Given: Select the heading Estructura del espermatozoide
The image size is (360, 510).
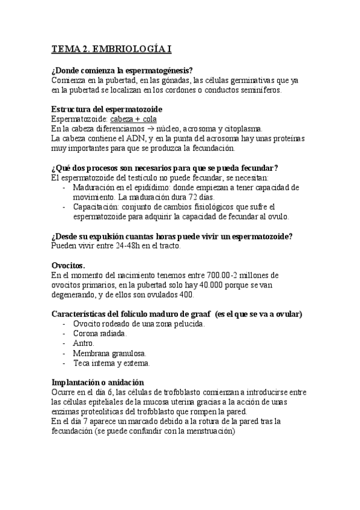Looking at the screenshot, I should pos(106,109).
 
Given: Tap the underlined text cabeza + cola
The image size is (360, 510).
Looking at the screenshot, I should pos(129,119).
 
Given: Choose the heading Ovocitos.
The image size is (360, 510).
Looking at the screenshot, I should pos(69,265).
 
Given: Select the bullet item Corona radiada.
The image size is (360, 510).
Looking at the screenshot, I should pos(100,333).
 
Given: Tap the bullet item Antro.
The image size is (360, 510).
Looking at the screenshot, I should pos(84,343).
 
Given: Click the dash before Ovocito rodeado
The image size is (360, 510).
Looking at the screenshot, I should pos(64,324).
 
